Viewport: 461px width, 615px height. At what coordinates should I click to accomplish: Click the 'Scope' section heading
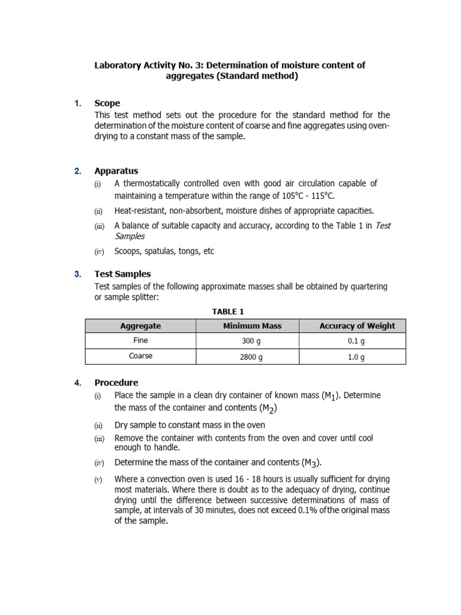107,103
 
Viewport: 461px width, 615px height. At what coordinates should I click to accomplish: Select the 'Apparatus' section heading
116,171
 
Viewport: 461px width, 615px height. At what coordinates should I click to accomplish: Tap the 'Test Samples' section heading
122,274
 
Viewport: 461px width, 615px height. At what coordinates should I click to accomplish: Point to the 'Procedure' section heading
116,383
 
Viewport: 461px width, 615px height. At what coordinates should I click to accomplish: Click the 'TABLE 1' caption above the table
228,312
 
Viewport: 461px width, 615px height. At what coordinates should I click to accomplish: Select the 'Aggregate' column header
140,326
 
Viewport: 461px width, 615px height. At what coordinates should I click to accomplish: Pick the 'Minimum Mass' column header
252,326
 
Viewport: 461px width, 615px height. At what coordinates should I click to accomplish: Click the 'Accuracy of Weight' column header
357,326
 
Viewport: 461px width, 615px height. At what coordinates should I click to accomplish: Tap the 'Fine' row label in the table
140,341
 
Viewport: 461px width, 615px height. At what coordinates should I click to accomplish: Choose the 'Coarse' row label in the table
140,356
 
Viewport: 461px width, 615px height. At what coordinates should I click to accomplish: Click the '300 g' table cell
252,341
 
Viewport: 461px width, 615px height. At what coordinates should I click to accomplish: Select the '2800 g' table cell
252,357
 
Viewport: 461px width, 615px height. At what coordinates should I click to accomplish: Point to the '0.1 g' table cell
357,341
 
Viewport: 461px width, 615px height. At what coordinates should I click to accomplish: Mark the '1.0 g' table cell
357,357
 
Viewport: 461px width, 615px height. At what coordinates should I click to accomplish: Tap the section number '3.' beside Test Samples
78,274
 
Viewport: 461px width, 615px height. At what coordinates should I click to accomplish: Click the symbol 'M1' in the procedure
331,396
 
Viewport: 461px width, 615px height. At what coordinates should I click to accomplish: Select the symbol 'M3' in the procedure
311,462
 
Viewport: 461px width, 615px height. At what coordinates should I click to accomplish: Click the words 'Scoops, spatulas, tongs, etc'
164,252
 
